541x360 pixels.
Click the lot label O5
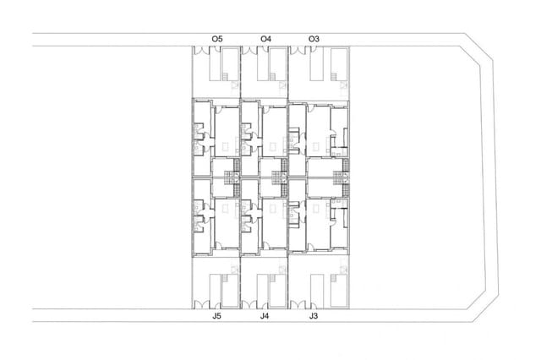tap(217, 38)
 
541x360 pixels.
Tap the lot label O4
tap(266, 38)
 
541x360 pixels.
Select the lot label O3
tap(314, 38)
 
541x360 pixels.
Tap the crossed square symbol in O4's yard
tap(282, 85)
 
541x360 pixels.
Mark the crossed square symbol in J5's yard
tap(233, 269)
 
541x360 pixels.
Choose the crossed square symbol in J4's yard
tap(282, 269)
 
